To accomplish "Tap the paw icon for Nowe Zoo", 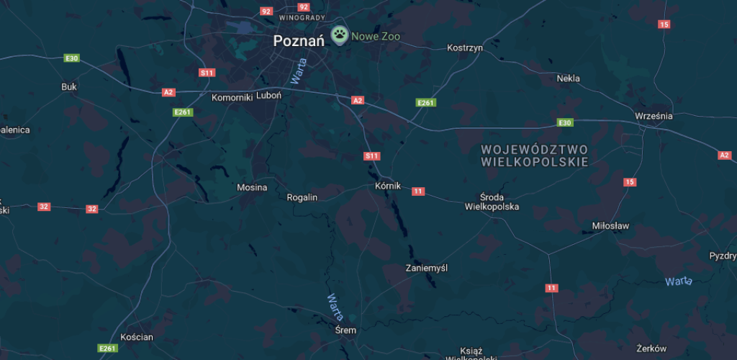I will (x=339, y=35).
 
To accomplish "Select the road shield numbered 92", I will (x=266, y=11).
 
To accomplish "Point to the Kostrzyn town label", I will (x=465, y=48).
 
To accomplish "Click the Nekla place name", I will (x=569, y=78).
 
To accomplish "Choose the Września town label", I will (x=654, y=115).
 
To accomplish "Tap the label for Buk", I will (x=69, y=86).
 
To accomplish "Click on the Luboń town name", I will (x=268, y=94).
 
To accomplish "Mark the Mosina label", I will (x=252, y=188).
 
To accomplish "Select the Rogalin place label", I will (x=302, y=197).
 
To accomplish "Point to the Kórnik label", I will (x=388, y=185).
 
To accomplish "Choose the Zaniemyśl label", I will (x=427, y=268).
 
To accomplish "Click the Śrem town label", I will (x=346, y=330).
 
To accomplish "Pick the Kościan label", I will (x=137, y=337).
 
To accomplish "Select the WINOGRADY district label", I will (x=302, y=17).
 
